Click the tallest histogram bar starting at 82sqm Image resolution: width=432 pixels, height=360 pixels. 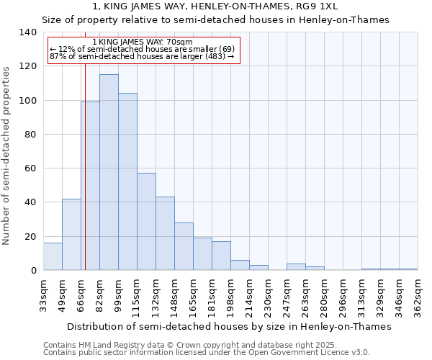(109, 172)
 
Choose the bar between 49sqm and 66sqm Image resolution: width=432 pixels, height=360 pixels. (71, 235)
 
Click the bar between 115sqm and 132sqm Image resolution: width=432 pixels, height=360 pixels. (146, 222)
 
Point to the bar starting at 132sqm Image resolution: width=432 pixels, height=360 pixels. (165, 233)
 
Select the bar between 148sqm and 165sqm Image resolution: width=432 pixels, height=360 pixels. (184, 246)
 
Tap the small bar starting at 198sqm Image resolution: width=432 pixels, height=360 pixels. (240, 265)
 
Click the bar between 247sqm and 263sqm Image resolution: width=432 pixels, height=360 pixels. (296, 267)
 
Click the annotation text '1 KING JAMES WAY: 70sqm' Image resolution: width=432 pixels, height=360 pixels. (143, 42)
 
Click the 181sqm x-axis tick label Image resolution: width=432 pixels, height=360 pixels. (212, 295)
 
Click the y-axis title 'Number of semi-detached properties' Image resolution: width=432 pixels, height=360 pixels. (6, 156)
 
